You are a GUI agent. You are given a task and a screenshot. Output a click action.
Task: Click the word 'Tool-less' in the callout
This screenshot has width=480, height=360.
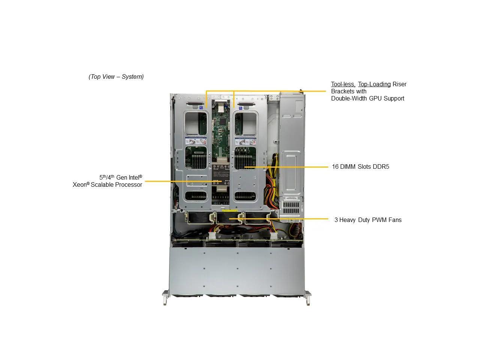[x=343, y=84]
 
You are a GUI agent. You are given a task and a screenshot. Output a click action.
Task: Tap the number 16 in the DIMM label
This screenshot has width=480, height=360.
[x=335, y=167]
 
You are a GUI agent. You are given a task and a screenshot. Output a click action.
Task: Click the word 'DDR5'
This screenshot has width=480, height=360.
[x=381, y=167]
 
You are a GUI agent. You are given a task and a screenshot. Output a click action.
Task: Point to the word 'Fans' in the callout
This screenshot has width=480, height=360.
[x=395, y=220]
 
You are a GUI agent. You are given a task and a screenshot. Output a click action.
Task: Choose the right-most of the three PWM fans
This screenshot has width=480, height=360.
[x=257, y=218]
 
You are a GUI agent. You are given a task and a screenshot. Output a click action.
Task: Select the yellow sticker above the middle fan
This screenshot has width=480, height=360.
[x=229, y=211]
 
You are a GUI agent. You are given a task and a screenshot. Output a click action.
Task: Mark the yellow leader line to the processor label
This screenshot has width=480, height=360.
[x=180, y=181]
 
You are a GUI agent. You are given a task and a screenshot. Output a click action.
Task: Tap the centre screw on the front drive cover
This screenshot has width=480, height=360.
[x=237, y=269]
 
